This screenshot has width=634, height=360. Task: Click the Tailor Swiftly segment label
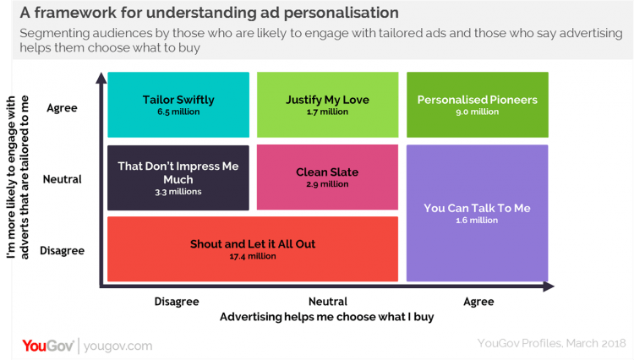pos(178,100)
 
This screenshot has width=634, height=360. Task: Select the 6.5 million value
pos(178,112)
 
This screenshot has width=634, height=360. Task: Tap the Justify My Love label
pos(327,100)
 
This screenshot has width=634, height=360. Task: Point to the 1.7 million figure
pos(327,112)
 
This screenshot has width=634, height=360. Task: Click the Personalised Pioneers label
pos(478,100)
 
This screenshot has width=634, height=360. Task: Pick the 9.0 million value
pos(478,112)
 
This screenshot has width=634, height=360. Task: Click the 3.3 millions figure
pos(178,192)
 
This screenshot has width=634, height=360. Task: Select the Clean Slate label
pos(327,172)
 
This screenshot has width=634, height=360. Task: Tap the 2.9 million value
pos(327,184)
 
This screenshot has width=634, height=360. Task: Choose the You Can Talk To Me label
pos(477,208)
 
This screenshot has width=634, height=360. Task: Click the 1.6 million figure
pos(477,221)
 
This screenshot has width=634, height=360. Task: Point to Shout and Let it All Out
pos(253,244)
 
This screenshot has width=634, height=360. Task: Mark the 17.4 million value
pos(253,256)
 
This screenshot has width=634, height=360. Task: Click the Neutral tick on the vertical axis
pos(62,179)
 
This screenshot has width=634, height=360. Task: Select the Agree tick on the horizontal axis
pos(478,302)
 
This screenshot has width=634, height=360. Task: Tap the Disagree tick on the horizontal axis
pos(177,302)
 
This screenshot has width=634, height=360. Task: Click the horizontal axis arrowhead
pos(549,286)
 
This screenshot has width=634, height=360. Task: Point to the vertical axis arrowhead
pos(101,79)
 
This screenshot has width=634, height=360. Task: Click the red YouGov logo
pos(48,346)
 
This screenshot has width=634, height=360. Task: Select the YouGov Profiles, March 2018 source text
pos(551,343)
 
